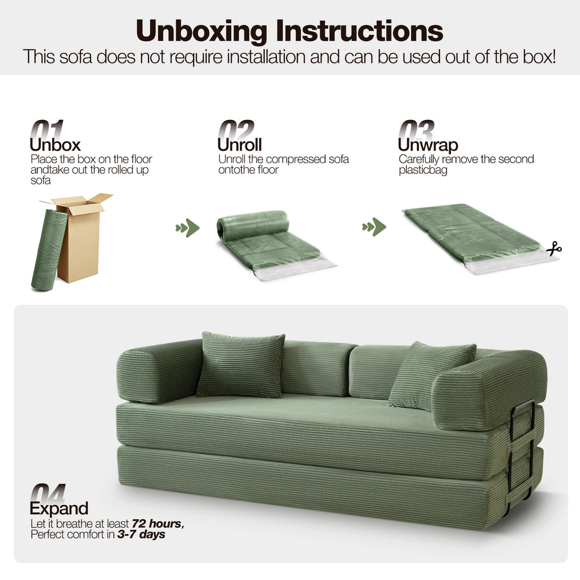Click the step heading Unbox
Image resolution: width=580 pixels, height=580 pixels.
tap(55, 145)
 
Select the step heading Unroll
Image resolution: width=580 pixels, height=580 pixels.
tap(239, 145)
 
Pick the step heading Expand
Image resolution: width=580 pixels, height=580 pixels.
tap(59, 508)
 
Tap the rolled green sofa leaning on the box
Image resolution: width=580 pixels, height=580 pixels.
tap(49, 250)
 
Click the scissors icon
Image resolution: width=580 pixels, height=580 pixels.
tap(554, 248)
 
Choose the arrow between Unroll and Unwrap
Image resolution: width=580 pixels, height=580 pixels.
tap(374, 227)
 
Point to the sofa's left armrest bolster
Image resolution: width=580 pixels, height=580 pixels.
tap(159, 371)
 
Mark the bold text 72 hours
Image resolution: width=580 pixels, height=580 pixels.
tap(157, 523)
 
